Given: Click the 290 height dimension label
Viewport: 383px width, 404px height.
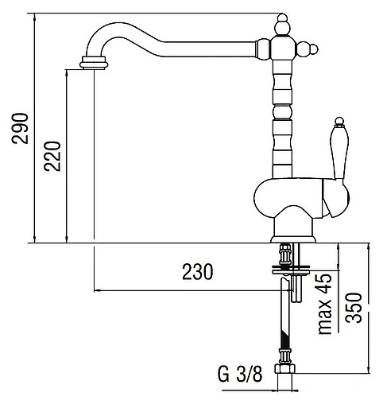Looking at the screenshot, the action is point(20,129).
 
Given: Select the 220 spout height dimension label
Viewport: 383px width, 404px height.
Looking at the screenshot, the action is point(52,157).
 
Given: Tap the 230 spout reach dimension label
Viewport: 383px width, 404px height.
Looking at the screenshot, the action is point(198,272).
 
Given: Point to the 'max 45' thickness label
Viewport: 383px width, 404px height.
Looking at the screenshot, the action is point(324,305).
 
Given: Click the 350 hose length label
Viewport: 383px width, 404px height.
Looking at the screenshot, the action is point(354,308).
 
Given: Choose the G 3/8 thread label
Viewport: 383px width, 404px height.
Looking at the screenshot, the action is point(240,374).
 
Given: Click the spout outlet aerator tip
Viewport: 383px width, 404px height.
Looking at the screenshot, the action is point(94,63).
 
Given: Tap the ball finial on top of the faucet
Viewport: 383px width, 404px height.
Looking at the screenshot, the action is point(282,25).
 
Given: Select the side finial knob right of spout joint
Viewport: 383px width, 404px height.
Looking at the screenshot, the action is point(307,49).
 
